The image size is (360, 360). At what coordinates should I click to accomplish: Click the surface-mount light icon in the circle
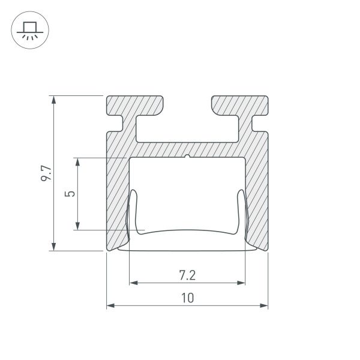tap(30, 30)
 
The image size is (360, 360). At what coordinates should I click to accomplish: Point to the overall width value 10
tap(187, 298)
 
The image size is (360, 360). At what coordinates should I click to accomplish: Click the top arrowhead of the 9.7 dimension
tap(55, 100)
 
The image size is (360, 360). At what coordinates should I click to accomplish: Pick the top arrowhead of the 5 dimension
tap(77, 162)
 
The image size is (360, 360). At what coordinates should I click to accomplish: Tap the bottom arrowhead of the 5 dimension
tap(77, 226)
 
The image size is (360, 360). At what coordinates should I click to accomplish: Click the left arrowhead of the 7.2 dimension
tap(134, 282)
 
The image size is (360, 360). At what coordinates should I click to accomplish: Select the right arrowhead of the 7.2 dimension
tap(241, 282)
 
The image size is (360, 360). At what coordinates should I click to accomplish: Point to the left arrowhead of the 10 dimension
tap(111, 306)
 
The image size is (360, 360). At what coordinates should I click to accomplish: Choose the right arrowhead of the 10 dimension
tap(264, 306)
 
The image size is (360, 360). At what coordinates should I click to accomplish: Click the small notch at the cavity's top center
tap(188, 158)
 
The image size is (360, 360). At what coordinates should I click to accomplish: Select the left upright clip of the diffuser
tap(134, 210)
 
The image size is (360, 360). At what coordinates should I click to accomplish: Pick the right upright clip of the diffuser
tap(241, 210)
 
